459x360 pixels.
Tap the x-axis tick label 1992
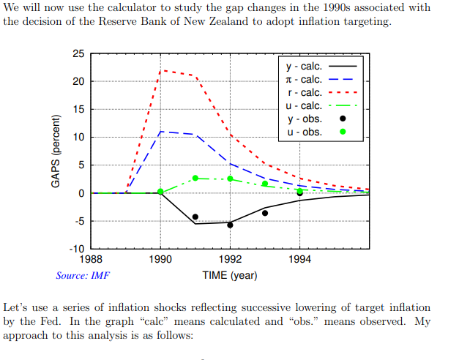(230, 259)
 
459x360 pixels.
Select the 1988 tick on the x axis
(91, 259)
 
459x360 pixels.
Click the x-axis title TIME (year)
(230, 276)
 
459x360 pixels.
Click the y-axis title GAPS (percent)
(56, 151)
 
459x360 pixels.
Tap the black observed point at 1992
(230, 225)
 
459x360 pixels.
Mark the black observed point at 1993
(265, 213)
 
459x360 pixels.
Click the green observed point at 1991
(195, 178)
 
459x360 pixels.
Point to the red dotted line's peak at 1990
(161, 70)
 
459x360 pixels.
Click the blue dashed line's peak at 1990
(161, 132)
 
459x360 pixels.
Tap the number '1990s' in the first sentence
(310, 7)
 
